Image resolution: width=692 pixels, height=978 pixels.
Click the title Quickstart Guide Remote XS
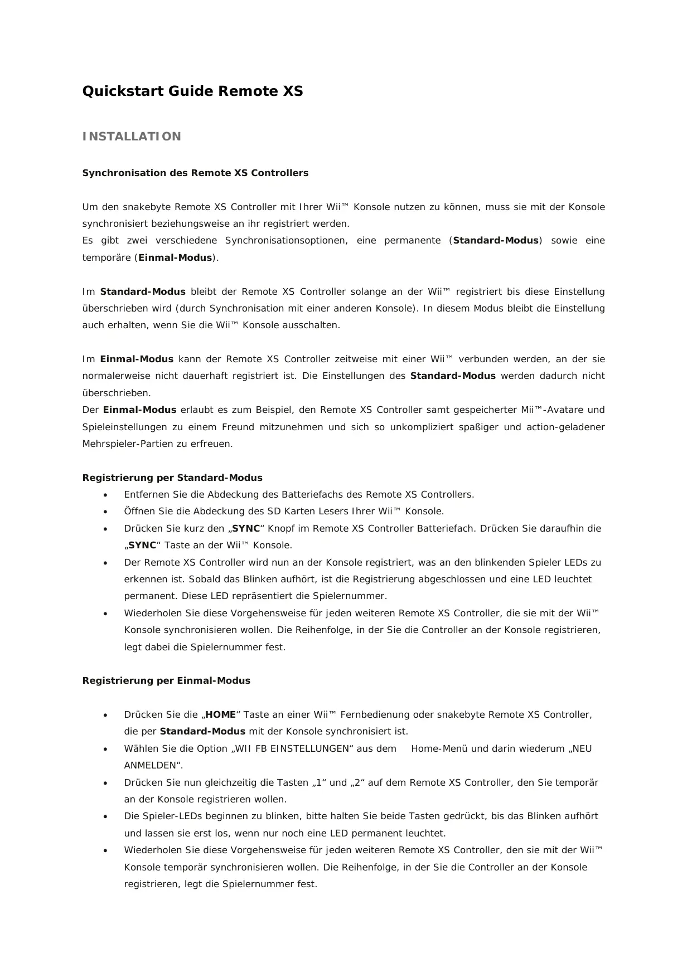(x=192, y=91)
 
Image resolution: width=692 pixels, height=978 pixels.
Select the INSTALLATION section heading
(x=132, y=137)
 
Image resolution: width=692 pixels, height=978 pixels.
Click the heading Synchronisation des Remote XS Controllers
(x=195, y=173)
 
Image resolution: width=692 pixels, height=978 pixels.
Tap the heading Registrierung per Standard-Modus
(x=172, y=478)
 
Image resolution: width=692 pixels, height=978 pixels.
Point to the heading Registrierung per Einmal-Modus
(x=166, y=680)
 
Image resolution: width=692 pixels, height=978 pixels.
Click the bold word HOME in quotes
(x=221, y=714)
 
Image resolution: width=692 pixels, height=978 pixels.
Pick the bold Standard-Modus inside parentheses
(x=496, y=241)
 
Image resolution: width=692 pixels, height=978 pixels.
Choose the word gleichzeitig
(x=215, y=782)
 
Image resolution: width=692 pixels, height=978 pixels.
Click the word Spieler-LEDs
(x=167, y=816)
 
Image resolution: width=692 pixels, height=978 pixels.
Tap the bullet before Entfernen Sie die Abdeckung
(x=105, y=495)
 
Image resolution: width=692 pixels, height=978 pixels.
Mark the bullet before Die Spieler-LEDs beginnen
(x=105, y=816)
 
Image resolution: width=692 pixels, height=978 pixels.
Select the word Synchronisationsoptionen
(x=285, y=241)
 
